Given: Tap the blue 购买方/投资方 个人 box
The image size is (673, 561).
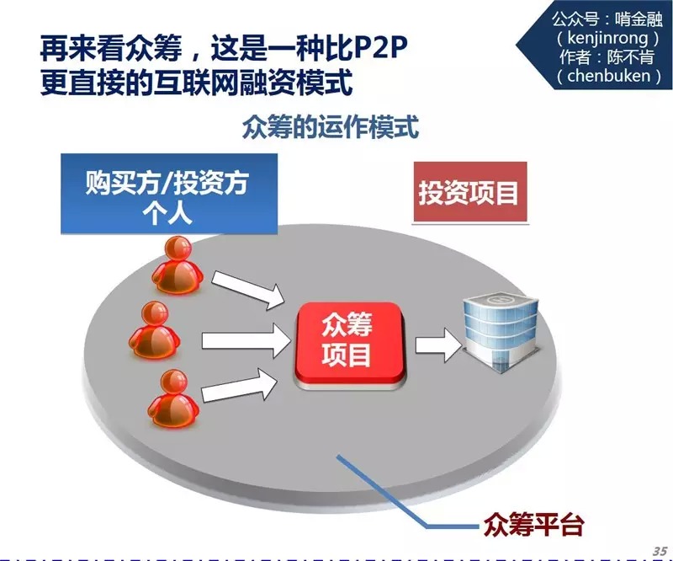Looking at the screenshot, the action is (168, 195).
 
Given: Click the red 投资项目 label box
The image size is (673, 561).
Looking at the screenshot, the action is (469, 193).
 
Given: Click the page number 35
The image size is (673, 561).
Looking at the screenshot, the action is (659, 548).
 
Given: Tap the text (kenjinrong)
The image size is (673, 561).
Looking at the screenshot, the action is (601, 38).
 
